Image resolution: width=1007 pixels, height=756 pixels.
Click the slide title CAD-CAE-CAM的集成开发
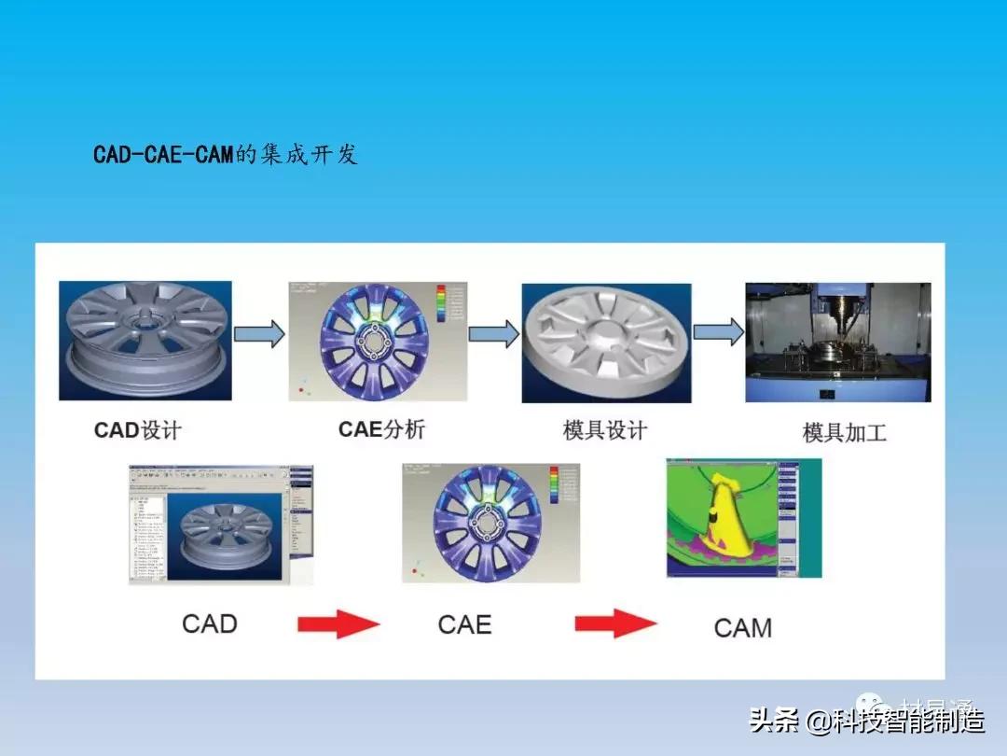[226, 154]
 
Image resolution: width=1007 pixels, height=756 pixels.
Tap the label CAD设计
[137, 430]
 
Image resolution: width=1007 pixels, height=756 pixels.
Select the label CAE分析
[381, 429]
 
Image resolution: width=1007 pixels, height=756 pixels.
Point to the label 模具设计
[604, 430]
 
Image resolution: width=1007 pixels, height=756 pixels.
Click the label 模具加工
[844, 433]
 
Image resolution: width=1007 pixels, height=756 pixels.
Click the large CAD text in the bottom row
[209, 623]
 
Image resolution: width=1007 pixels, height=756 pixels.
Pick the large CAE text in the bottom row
[464, 623]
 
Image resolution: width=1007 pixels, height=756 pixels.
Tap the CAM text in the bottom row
[742, 627]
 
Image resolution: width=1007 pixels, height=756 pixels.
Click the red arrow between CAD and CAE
[338, 623]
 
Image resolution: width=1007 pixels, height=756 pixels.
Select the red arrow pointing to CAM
[615, 623]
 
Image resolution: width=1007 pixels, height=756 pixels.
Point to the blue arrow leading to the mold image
[493, 333]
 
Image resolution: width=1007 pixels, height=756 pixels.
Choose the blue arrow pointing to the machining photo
[718, 331]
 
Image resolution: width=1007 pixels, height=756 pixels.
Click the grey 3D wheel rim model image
[145, 341]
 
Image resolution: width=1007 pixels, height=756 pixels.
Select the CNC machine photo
[837, 343]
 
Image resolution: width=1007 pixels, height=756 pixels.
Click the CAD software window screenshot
[221, 525]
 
